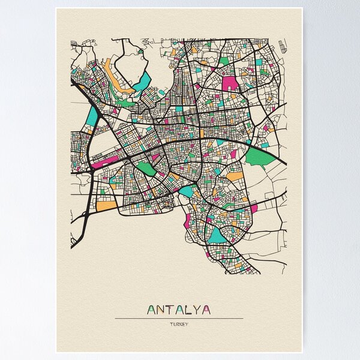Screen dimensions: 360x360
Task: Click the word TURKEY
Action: [x=179, y=325]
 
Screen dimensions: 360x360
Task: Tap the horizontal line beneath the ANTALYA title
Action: [x=179, y=318]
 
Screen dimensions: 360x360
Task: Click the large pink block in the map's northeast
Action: [x=230, y=83]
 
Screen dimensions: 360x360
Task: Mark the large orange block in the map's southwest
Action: [x=107, y=206]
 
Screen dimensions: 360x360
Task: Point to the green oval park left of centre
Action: [x=146, y=169]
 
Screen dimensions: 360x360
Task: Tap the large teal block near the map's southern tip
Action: [x=217, y=236]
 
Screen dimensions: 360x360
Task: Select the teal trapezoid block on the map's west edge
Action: [x=92, y=116]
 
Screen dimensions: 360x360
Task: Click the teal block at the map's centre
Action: [x=187, y=191]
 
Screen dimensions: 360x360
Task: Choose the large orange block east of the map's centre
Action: [x=235, y=177]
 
